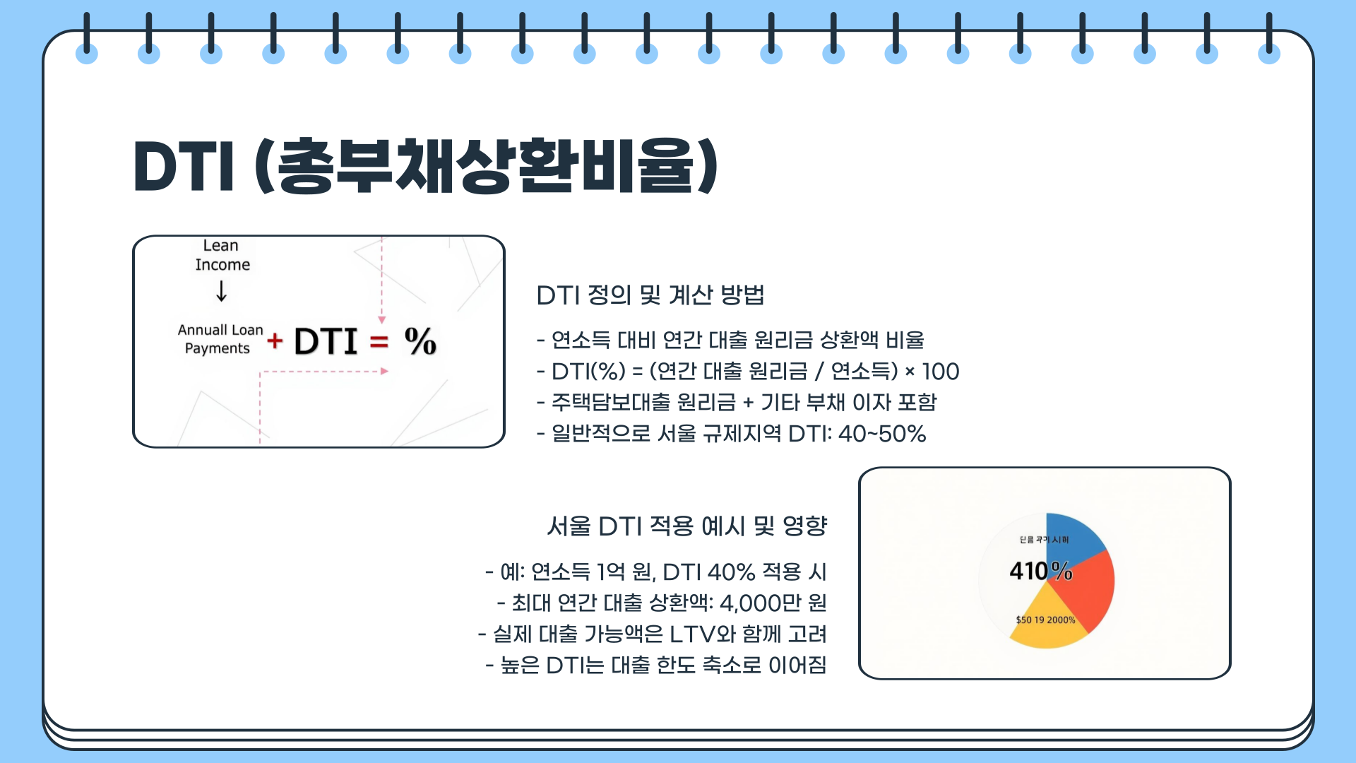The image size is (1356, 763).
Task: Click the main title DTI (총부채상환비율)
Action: [x=425, y=167]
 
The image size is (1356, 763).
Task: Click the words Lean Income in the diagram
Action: [x=222, y=255]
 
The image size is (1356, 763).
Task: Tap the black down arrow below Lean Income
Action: [x=222, y=291]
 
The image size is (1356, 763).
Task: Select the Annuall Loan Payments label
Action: [x=220, y=339]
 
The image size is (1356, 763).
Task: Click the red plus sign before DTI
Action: [x=275, y=341]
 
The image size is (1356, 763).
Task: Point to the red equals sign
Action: [x=379, y=343]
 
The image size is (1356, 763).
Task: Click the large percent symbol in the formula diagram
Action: [x=420, y=341]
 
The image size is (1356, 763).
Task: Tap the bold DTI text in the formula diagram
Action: [x=326, y=342]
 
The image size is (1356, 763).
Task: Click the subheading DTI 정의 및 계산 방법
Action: [x=650, y=295]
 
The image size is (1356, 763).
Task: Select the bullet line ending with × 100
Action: [x=747, y=372]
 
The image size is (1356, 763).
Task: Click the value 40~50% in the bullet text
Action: [x=881, y=434]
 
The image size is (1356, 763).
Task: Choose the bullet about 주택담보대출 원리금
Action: [x=736, y=403]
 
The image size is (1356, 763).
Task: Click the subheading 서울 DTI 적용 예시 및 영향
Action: [x=686, y=526]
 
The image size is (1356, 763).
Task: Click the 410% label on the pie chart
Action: [x=1040, y=571]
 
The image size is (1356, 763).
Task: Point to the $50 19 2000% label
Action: [x=1045, y=620]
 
